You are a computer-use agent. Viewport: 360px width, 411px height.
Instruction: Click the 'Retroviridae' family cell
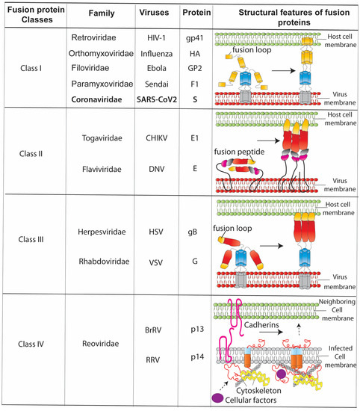click(x=97, y=37)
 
